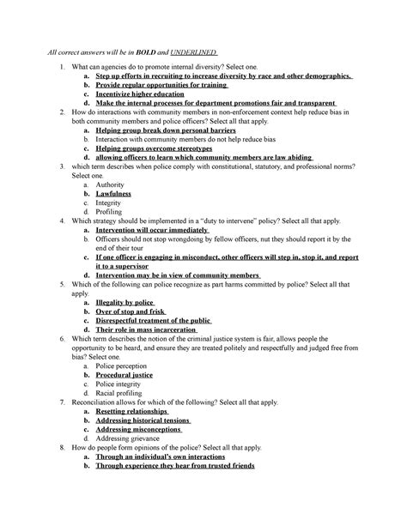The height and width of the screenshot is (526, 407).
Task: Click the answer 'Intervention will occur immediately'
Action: click(153, 230)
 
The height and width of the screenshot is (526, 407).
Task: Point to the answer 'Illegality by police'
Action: click(125, 303)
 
